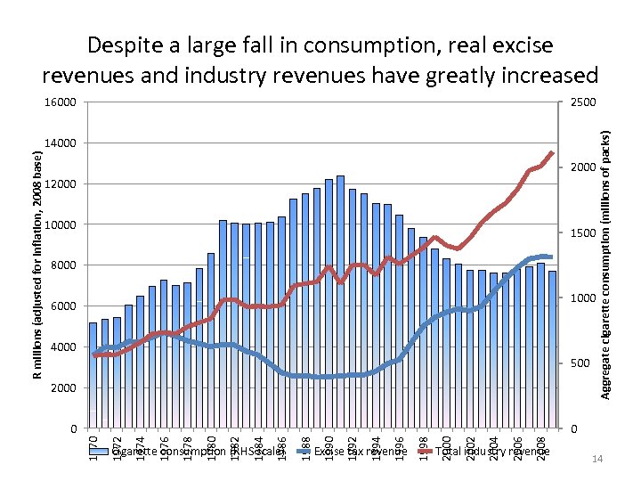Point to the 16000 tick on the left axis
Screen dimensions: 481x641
point(62,102)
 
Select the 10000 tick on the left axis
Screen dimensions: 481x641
point(62,224)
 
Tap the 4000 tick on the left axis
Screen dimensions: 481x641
point(65,347)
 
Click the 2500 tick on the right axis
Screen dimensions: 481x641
point(584,102)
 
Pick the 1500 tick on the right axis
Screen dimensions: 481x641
point(584,233)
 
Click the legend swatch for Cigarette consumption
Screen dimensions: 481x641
point(105,452)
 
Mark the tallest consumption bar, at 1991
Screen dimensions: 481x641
point(340,303)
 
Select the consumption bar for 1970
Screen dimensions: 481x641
point(93,374)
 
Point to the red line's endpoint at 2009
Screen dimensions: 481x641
point(552,153)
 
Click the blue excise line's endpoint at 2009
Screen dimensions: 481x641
point(552,257)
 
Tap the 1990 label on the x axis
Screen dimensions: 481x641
point(329,445)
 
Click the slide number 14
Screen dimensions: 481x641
point(597,460)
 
